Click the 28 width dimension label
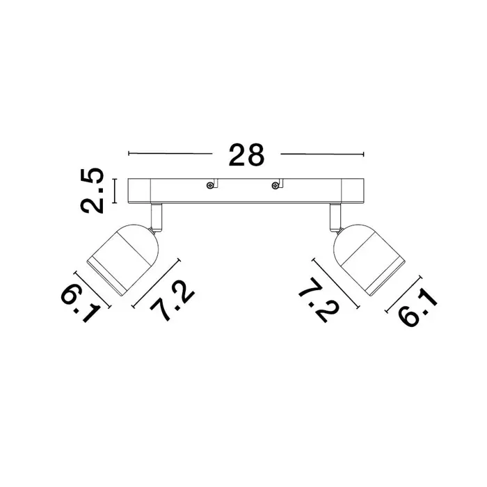pyautogui.click(x=246, y=154)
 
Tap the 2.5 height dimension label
pyautogui.click(x=92, y=191)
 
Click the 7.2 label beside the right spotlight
pyautogui.click(x=319, y=300)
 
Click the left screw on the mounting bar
pyautogui.click(x=209, y=186)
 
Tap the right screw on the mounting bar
pyautogui.click(x=275, y=186)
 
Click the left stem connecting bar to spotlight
pyautogui.click(x=156, y=218)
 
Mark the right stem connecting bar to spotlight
pyautogui.click(x=336, y=218)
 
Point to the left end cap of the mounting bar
pyautogui.click(x=139, y=191)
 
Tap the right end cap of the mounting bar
pyautogui.click(x=353, y=191)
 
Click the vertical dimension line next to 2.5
pyautogui.click(x=115, y=191)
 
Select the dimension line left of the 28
pyautogui.click(x=170, y=154)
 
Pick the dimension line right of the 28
pyautogui.click(x=322, y=154)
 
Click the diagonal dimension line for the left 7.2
pyautogui.click(x=157, y=283)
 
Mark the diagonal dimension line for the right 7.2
pyautogui.click(x=336, y=283)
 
